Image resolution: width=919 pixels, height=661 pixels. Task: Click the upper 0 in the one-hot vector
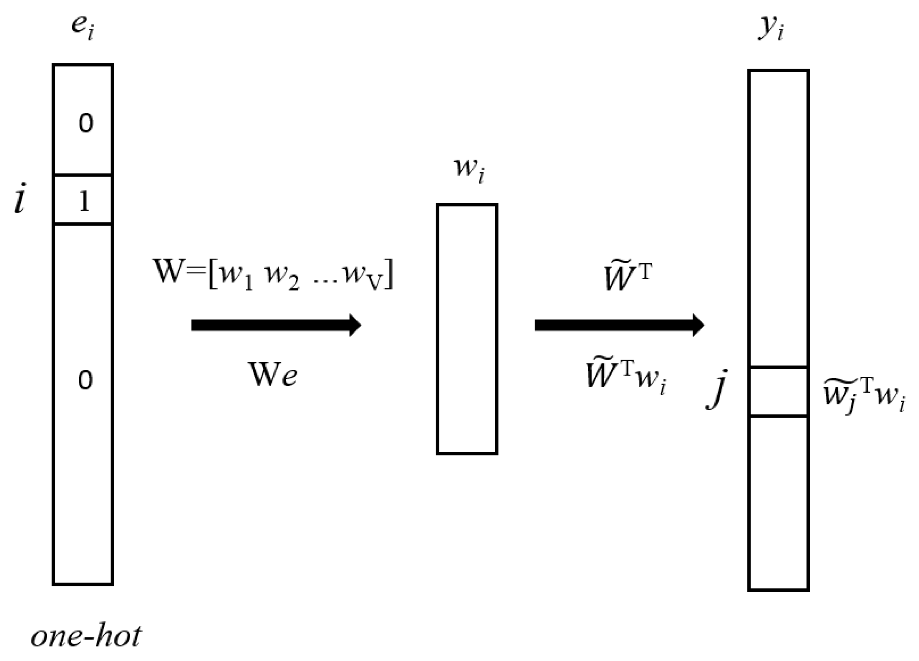tap(86, 124)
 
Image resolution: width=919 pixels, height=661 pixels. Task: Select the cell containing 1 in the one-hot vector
tap(83, 199)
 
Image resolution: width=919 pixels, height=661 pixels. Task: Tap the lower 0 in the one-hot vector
tap(86, 380)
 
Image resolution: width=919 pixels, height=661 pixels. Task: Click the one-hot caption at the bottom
tap(86, 637)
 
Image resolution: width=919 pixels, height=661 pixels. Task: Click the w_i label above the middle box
tap(469, 170)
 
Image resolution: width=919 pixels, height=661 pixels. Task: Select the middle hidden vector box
tap(467, 329)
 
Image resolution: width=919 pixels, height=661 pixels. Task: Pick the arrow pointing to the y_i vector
tap(619, 325)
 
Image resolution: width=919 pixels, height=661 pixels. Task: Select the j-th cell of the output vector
tap(778, 391)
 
